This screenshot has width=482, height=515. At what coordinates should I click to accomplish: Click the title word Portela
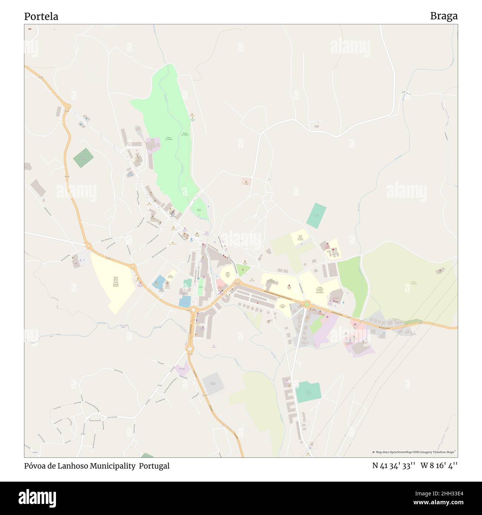(41, 17)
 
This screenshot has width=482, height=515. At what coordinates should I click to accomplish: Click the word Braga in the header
(443, 16)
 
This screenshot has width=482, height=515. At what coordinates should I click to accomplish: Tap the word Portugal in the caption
(154, 466)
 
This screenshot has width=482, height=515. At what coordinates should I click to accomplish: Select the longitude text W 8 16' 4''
(439, 466)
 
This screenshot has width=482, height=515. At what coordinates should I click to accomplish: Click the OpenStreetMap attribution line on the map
(414, 452)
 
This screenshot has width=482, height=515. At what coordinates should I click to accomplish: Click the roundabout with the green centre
(307, 305)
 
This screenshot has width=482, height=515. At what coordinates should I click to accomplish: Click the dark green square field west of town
(83, 158)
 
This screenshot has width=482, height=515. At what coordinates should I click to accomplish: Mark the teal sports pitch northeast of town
(316, 215)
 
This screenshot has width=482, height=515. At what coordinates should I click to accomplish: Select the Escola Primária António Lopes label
(227, 275)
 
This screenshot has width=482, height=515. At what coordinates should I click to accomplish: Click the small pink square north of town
(246, 182)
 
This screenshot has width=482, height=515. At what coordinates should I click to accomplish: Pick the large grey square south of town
(213, 384)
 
